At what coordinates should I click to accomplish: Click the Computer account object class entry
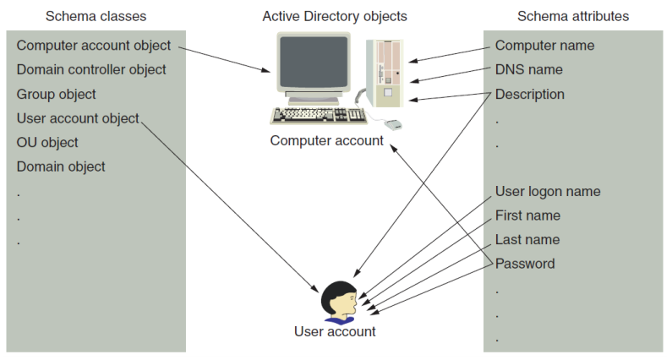[93, 46]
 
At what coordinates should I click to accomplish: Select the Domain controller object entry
[91, 69]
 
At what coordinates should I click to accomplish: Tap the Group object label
[57, 94]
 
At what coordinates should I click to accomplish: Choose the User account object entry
[78, 118]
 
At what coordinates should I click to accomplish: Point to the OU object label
[47, 143]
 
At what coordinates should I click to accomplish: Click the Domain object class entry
[61, 166]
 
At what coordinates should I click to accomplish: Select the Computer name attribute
[544, 46]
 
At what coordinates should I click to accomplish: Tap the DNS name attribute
[528, 69]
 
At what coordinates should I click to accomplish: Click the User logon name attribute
[548, 191]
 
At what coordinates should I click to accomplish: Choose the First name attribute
[527, 215]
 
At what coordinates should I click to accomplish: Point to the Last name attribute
[527, 239]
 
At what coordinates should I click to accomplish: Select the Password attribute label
[525, 264]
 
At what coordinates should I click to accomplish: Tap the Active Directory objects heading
[335, 16]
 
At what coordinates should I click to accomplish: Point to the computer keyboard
[318, 115]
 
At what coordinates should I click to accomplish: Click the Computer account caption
[326, 140]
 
